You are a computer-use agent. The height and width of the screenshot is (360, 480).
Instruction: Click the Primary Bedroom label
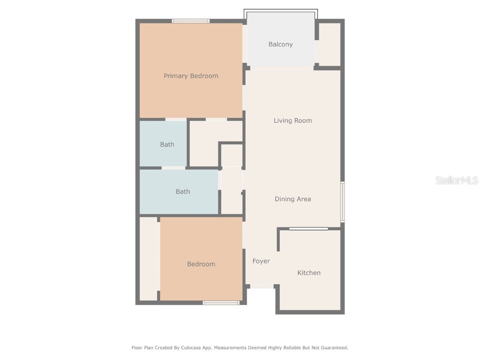[191, 76]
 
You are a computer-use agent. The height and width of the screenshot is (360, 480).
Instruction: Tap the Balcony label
[280, 45]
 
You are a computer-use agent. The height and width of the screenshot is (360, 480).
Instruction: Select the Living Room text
[292, 120]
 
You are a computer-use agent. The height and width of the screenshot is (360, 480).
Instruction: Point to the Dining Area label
[292, 199]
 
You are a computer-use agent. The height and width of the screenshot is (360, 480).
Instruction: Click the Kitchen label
[309, 273]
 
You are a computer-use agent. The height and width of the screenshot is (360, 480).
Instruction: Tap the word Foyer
[261, 261]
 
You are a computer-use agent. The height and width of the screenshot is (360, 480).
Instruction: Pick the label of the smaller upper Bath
[167, 144]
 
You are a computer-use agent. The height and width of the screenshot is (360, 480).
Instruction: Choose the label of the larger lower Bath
[183, 191]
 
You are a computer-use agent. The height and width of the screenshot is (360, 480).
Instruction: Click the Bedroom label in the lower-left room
[201, 264]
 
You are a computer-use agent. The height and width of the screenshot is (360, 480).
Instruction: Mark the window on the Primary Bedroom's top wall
[191, 21]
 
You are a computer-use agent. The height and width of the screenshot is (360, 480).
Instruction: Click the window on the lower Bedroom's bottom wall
[221, 303]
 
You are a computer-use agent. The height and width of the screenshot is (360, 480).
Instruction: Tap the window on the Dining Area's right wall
[343, 202]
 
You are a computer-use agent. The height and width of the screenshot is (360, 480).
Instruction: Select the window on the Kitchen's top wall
[308, 229]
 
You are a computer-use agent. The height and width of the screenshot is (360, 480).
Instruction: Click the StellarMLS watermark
[456, 180]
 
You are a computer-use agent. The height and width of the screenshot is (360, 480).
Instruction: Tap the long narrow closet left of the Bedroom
[149, 258]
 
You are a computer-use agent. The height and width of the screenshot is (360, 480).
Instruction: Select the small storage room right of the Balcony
[330, 45]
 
